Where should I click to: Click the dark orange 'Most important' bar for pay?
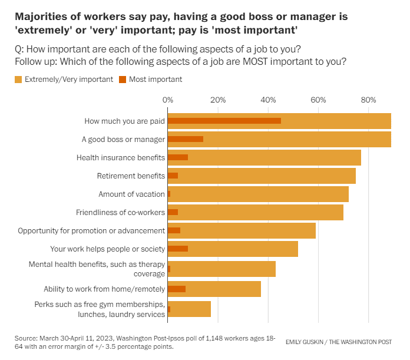coord(224,121)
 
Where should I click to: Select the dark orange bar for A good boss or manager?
coord(186,139)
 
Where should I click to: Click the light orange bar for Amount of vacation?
coord(259,194)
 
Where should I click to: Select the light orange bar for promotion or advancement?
coord(247,230)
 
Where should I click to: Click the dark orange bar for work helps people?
coord(178,249)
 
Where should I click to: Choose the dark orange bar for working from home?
coord(177,289)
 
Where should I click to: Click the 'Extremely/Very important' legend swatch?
coord(18,79)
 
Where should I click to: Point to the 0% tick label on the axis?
coord(168,100)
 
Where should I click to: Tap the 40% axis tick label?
coord(268,100)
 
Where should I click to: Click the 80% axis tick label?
coord(368,100)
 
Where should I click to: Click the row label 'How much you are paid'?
coord(124,121)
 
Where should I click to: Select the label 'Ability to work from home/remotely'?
coord(104,289)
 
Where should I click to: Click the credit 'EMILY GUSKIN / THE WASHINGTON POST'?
coord(338,342)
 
